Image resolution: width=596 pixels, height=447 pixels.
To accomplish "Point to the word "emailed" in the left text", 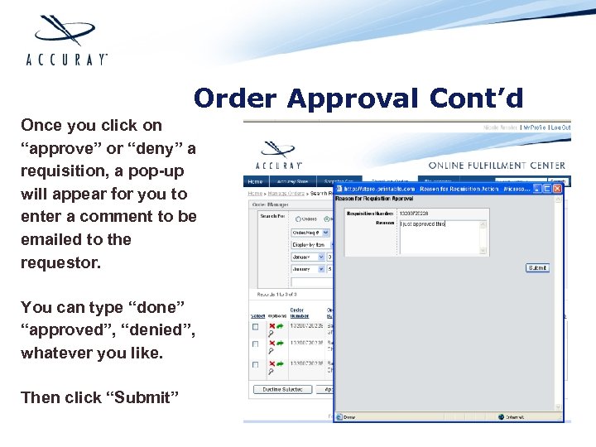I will pos(51,239).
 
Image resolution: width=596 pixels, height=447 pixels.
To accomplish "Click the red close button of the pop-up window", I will pos(557,189).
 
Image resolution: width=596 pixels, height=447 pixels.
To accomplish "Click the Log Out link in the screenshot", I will pos(560,127).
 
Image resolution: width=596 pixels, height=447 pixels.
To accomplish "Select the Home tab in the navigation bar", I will pos(255,181).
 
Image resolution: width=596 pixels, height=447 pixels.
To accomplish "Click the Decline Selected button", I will pos(281,389).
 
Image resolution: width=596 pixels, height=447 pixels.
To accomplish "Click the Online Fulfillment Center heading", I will pos(496,166).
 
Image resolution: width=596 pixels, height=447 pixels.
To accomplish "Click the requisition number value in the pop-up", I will pos(418,213).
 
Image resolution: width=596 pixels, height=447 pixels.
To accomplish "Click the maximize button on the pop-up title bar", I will pos(546,189).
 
